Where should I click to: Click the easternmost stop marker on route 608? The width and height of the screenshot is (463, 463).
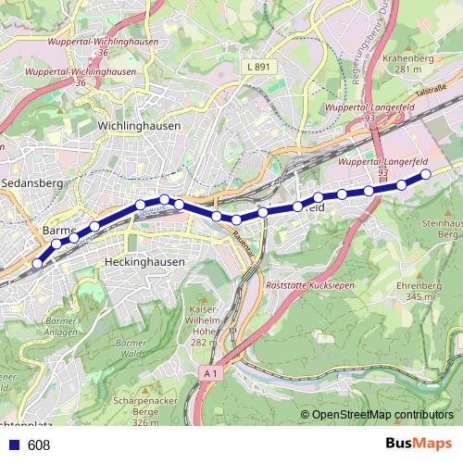[x=426, y=173]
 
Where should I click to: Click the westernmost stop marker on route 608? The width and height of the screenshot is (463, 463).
[x=37, y=264]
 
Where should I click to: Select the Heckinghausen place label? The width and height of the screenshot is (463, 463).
[x=146, y=262]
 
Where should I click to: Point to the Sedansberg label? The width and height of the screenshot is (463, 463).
[x=31, y=184]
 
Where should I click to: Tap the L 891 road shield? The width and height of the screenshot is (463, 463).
[x=259, y=67]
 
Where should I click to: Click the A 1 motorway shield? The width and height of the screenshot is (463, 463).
[x=211, y=373]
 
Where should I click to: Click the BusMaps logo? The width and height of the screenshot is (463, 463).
[x=418, y=444]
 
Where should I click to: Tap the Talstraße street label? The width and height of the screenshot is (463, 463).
[x=431, y=90]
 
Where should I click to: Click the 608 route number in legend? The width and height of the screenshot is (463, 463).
[x=39, y=445]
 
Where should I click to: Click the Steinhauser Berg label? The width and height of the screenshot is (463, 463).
[x=443, y=229]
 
